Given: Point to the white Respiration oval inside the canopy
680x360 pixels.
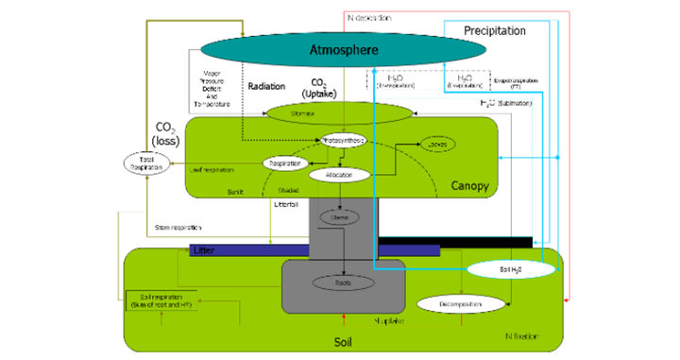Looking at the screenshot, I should click(x=285, y=163).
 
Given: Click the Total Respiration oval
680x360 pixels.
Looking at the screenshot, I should click(x=141, y=163).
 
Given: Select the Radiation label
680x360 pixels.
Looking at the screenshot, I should click(x=265, y=86).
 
